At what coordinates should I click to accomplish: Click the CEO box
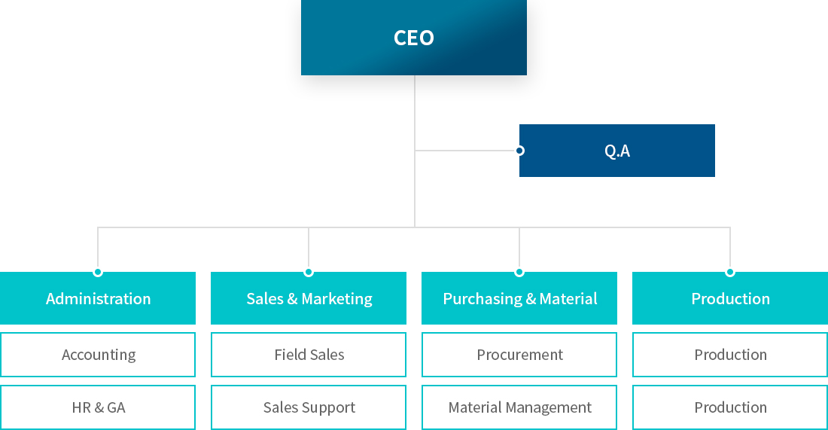414,38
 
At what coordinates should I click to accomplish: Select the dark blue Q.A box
616,151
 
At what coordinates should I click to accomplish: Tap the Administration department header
98,298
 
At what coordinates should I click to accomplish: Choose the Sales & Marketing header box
309,298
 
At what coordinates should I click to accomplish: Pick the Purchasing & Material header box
519,298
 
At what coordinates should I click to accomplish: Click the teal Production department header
730,298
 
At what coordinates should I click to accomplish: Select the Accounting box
98,355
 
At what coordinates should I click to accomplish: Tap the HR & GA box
98,407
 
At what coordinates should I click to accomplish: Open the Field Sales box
309,355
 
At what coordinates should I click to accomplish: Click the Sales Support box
309,407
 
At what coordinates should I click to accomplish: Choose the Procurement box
519,355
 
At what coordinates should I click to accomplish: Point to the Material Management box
519,407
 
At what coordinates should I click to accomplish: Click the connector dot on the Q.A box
519,151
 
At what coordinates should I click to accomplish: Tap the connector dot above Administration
98,272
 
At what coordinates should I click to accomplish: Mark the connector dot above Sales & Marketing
309,272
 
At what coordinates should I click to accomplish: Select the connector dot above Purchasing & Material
519,272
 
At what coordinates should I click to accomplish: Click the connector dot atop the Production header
730,272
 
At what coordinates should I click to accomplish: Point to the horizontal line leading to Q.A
464,151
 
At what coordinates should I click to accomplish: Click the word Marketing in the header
337,299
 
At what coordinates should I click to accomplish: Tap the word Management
549,408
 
